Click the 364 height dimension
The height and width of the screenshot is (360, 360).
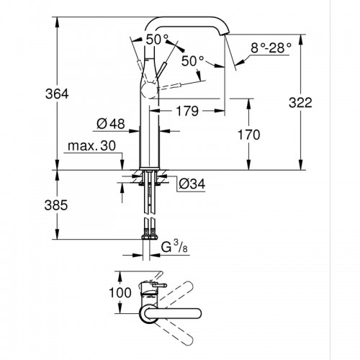pos(57,94)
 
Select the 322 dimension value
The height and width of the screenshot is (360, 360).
pos(300,103)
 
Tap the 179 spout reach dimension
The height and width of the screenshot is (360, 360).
pos(187,111)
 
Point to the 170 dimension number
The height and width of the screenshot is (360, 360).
pos(249,135)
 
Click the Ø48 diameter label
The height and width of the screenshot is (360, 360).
pos(111,124)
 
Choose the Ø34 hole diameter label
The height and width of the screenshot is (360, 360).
pos(192,184)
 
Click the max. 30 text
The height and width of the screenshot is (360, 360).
pos(92,145)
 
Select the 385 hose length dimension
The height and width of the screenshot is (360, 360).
pos(56,205)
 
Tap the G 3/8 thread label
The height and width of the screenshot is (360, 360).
pos(174,247)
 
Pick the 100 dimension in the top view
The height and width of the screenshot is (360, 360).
pos(120,292)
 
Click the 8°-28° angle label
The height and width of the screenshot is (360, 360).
pos(271,48)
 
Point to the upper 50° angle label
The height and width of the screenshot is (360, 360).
pos(157,40)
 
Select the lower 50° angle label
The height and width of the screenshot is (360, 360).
pos(193,61)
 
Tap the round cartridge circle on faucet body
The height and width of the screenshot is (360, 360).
pos(149,91)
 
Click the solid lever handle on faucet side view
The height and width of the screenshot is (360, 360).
pos(161,71)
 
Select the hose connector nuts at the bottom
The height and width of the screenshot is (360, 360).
pos(149,237)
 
